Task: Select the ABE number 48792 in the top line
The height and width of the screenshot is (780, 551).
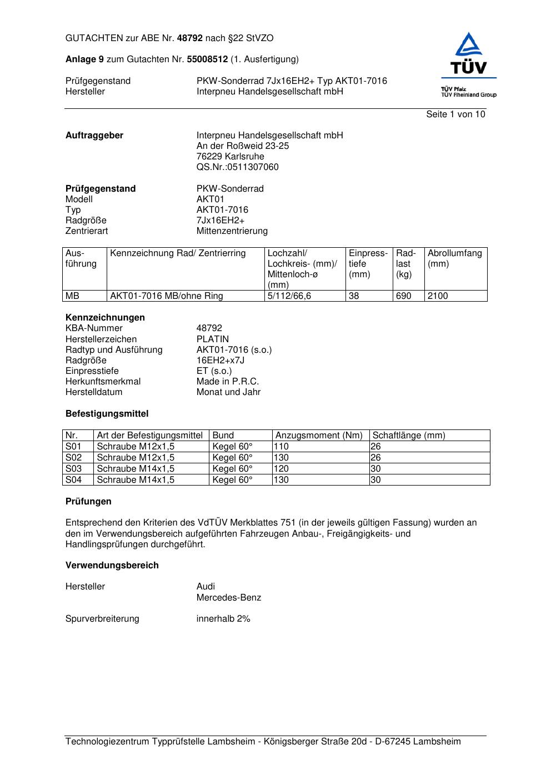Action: (x=190, y=38)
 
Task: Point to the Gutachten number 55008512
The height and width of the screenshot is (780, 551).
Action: (x=207, y=59)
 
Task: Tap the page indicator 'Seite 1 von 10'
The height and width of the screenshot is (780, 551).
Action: (x=455, y=114)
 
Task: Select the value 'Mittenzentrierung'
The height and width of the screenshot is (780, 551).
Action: (x=232, y=231)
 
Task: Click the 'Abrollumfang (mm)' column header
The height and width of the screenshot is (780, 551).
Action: (x=454, y=258)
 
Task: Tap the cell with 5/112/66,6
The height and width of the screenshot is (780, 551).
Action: (x=289, y=296)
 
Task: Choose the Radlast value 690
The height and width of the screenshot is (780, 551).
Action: (x=403, y=296)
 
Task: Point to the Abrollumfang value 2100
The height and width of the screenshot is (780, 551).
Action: (x=438, y=296)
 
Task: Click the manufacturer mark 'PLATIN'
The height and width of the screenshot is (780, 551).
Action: (x=212, y=339)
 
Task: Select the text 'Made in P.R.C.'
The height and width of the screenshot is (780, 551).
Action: (x=227, y=382)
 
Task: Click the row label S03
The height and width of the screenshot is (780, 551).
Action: (x=73, y=469)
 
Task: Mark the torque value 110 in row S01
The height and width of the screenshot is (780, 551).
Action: (x=282, y=447)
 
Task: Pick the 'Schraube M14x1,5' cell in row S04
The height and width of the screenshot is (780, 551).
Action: (x=136, y=480)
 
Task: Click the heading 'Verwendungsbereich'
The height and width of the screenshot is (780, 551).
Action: (x=112, y=566)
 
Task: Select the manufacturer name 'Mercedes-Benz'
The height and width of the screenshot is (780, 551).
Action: (x=228, y=598)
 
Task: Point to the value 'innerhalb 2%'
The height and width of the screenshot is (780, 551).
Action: (x=223, y=619)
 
